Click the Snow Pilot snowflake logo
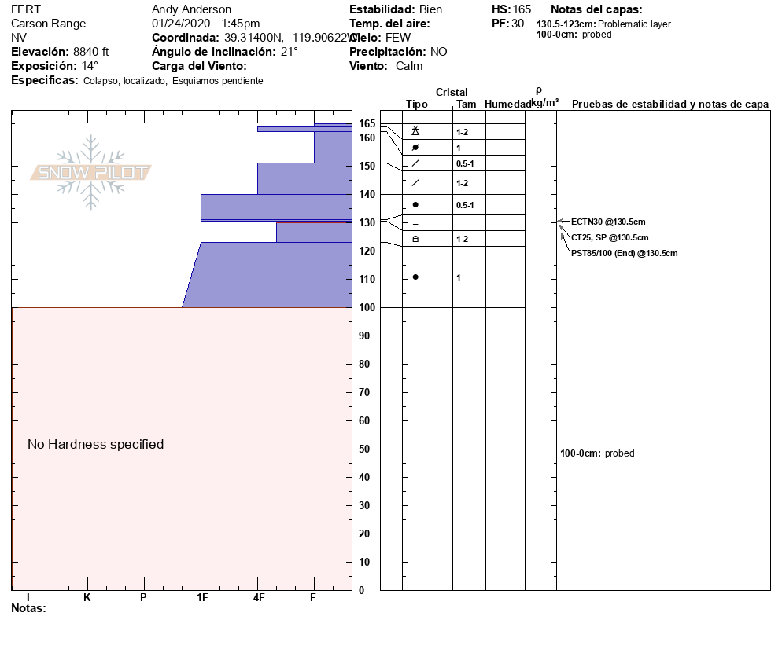coord(91,172)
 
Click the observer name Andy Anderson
coord(191,9)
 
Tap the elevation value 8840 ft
coord(91,52)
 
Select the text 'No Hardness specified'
coord(96,444)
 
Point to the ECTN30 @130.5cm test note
coord(608,222)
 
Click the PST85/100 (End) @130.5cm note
coord(624,253)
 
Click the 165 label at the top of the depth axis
coord(367,124)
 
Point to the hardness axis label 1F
coord(201,598)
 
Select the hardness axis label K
coord(87,598)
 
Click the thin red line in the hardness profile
coord(314,222)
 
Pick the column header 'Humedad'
coord(508,104)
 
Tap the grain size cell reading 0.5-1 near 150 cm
coord(465,163)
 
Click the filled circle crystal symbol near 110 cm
coord(415,277)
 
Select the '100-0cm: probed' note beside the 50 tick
coord(597,453)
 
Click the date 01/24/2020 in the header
coord(179,24)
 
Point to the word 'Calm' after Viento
coord(409,66)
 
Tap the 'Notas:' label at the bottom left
coord(29,608)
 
